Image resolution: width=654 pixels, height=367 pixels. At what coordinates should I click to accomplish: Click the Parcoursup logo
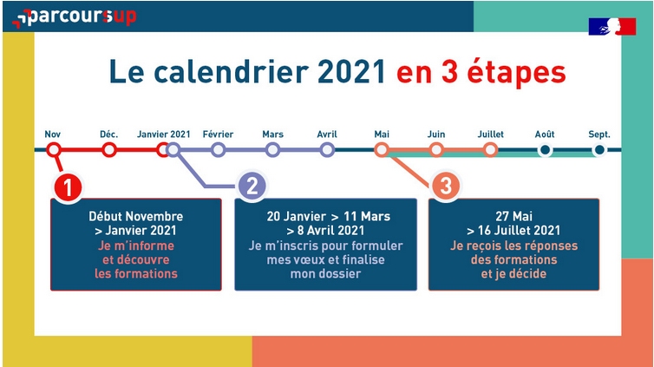[75, 17]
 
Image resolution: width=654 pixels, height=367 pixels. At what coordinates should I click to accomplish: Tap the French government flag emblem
[612, 26]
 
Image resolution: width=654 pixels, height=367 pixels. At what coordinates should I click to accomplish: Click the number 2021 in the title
[351, 72]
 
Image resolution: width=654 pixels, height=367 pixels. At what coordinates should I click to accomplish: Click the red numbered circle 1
[68, 187]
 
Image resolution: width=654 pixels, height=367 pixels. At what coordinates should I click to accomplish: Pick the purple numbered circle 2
[252, 187]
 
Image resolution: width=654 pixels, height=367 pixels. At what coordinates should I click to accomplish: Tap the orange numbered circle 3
[446, 186]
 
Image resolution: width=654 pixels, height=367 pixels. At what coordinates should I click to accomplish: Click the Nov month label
[53, 134]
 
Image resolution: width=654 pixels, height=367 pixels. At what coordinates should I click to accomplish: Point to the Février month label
[218, 134]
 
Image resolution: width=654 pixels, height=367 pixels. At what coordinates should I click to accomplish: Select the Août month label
[545, 134]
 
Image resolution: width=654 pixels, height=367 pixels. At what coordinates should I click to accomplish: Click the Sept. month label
[599, 134]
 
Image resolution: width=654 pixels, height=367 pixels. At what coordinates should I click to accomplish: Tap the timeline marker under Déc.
[109, 150]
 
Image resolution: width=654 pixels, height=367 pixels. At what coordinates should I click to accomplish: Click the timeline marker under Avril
[327, 150]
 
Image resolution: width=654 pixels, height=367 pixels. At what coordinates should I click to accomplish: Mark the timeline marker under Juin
[436, 150]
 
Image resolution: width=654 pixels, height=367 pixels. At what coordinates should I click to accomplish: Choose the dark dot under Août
[545, 150]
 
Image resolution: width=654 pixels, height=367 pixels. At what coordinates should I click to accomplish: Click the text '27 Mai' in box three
[513, 216]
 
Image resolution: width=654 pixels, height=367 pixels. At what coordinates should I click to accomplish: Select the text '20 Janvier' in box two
[297, 216]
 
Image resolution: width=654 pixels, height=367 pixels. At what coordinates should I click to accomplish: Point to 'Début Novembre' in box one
[135, 216]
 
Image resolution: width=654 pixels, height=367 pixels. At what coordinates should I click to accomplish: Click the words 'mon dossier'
[325, 274]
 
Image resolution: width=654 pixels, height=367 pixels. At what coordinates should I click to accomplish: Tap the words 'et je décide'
[513, 274]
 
